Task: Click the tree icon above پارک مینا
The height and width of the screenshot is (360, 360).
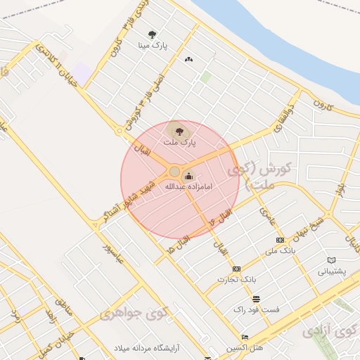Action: (153, 34)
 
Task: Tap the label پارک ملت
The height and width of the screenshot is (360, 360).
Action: (179, 142)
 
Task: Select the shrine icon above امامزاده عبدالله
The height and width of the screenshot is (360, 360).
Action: (188, 175)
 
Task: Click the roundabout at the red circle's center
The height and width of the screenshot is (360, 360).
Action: (174, 171)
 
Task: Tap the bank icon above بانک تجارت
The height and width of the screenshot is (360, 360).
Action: (236, 269)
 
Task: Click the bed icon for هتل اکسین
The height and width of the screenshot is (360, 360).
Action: (245, 337)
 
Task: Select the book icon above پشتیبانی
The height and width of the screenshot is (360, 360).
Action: (332, 260)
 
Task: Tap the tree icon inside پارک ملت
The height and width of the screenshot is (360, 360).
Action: (179, 130)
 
